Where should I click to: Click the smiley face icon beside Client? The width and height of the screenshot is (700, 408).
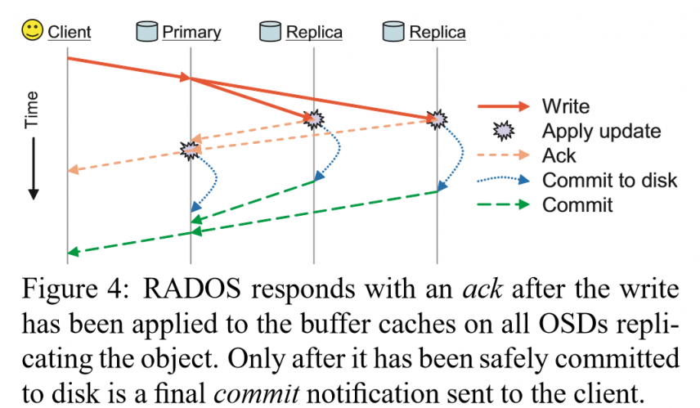coord(33,32)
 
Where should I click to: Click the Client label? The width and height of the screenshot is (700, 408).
coord(69,33)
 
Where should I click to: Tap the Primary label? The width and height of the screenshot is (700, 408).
coord(191,33)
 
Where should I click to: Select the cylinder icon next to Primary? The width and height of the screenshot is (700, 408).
coord(147,32)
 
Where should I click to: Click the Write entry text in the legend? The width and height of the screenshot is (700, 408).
coord(565,106)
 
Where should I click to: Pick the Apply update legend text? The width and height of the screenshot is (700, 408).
coord(601,131)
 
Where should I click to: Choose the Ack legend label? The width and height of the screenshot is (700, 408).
coord(559,155)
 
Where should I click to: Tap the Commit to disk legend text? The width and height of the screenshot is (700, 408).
coord(609,180)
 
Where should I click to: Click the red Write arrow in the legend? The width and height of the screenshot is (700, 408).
coord(504,106)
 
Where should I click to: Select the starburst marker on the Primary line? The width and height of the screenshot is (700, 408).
coord(191,150)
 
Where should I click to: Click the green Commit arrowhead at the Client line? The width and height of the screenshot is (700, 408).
coord(73,252)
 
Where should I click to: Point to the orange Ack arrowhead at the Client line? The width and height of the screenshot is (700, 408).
coord(73,169)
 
